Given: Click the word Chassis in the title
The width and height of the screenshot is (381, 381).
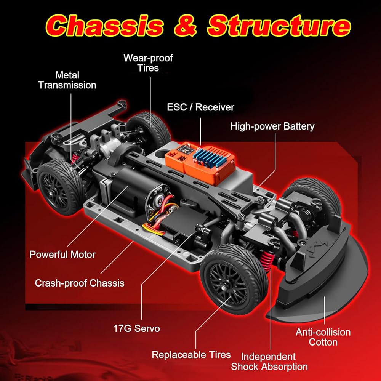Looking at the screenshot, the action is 104,26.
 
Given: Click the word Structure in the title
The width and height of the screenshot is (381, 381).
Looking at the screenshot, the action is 279,26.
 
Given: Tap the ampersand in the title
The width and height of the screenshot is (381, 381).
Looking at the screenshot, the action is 185,25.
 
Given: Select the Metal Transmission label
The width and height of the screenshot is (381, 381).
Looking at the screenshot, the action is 67,80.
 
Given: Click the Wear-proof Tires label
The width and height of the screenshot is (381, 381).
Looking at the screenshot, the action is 148,63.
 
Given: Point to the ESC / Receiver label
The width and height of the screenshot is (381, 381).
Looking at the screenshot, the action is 200,107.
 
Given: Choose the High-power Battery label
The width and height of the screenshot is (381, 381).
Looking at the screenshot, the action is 272,126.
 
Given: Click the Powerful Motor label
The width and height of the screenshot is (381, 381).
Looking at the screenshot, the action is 62,255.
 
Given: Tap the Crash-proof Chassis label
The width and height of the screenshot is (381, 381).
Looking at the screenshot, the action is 80,283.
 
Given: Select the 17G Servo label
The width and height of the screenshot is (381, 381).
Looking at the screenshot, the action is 136,328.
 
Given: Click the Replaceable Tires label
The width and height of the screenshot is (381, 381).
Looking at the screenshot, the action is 191,355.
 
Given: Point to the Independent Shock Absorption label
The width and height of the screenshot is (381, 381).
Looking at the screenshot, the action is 269,362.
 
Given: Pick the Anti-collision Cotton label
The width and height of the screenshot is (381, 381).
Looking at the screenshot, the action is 323,337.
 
